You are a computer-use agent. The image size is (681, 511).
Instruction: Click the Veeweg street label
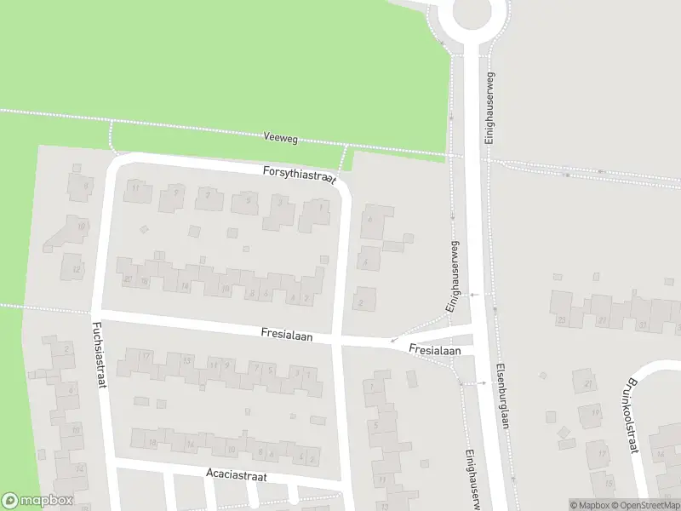point(280,135)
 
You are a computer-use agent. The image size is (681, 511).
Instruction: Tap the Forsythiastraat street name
point(300,174)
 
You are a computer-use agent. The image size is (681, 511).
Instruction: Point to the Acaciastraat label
point(237,475)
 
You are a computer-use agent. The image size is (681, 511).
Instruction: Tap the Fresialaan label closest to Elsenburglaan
point(434,350)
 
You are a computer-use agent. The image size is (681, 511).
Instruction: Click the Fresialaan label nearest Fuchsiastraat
point(288,336)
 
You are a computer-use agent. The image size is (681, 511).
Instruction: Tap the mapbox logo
point(37,501)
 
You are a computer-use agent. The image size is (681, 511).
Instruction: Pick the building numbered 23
point(562,320)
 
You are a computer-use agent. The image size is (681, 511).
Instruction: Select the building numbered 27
point(603,320)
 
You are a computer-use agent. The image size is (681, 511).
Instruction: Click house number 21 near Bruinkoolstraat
point(587,384)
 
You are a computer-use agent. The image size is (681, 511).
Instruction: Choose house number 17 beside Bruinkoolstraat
point(602,453)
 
